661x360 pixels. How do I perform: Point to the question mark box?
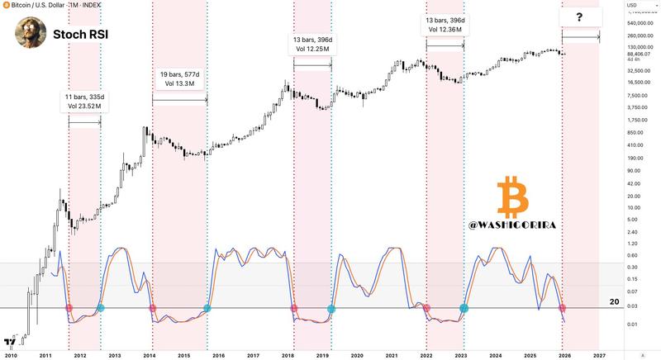click(x=580, y=17)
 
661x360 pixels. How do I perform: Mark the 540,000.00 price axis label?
click(x=640, y=23)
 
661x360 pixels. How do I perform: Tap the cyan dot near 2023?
click(x=464, y=307)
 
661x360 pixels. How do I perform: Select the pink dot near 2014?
click(x=152, y=308)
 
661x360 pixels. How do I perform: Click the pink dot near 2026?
click(x=562, y=308)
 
